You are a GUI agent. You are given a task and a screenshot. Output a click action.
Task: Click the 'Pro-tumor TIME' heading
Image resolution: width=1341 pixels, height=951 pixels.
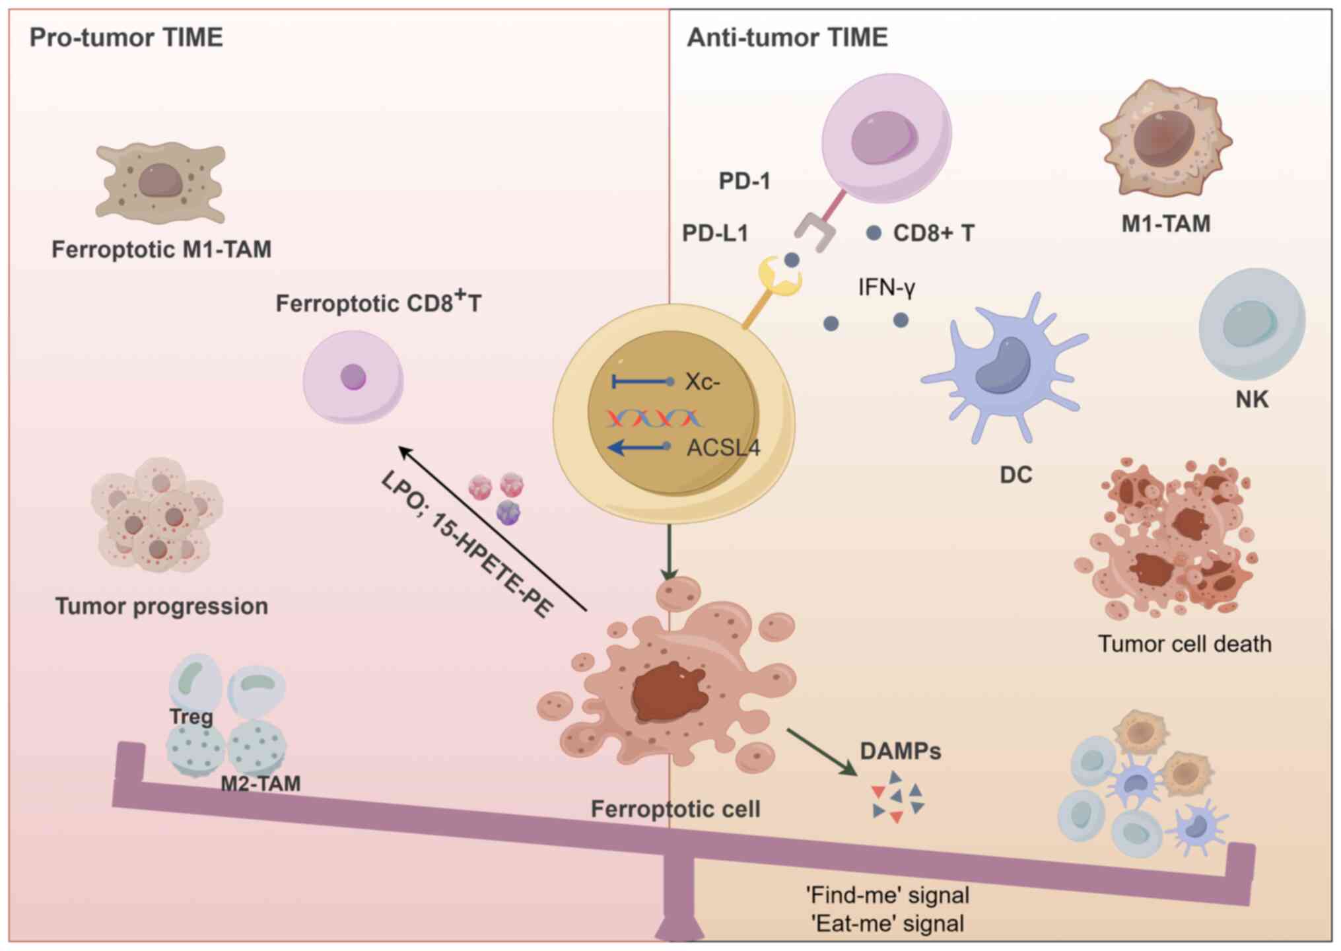pyautogui.click(x=126, y=38)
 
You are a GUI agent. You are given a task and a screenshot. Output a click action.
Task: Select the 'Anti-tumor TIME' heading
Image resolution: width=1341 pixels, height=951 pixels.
pyautogui.click(x=787, y=38)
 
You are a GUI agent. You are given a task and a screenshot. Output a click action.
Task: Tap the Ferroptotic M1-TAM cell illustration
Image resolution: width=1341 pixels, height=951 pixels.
pyautogui.click(x=160, y=183)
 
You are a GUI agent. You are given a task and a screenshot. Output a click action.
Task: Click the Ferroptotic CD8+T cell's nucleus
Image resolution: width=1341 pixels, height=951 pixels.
pyautogui.click(x=353, y=377)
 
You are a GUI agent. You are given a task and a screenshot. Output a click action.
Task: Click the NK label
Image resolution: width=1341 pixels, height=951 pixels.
pyautogui.click(x=1252, y=400)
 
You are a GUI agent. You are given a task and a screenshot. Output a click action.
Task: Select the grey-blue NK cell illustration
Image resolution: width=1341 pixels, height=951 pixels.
pyautogui.click(x=1252, y=324)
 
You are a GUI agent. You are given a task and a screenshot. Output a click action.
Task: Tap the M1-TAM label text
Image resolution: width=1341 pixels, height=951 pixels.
pyautogui.click(x=1166, y=224)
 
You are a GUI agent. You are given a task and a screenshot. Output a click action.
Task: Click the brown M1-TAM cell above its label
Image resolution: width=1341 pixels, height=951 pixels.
pyautogui.click(x=1166, y=138)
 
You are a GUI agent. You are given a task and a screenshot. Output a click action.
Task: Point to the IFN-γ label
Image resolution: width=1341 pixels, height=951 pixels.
pyautogui.click(x=887, y=288)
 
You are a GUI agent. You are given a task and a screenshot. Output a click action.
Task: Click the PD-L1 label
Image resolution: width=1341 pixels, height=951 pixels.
pyautogui.click(x=715, y=233)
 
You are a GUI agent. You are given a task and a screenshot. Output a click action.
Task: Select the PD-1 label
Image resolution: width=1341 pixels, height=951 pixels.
pyautogui.click(x=745, y=181)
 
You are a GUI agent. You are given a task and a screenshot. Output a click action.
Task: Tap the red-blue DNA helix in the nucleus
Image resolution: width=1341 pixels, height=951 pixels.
pyautogui.click(x=654, y=418)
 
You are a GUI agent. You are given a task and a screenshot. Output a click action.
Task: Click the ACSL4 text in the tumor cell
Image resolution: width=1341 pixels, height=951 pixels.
pyautogui.click(x=724, y=448)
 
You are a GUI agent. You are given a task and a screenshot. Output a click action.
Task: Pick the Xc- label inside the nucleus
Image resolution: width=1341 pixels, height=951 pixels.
pyautogui.click(x=703, y=382)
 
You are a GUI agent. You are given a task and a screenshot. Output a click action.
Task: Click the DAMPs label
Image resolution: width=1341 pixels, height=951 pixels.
pyautogui.click(x=901, y=752)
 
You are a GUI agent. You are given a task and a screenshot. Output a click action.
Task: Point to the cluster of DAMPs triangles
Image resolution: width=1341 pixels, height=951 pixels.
pyautogui.click(x=897, y=796)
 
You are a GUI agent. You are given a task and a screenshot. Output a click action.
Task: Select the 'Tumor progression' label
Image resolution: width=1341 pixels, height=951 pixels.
pyautogui.click(x=162, y=606)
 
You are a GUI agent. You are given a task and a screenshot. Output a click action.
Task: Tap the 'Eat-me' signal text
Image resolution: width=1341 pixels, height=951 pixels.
pyautogui.click(x=887, y=923)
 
